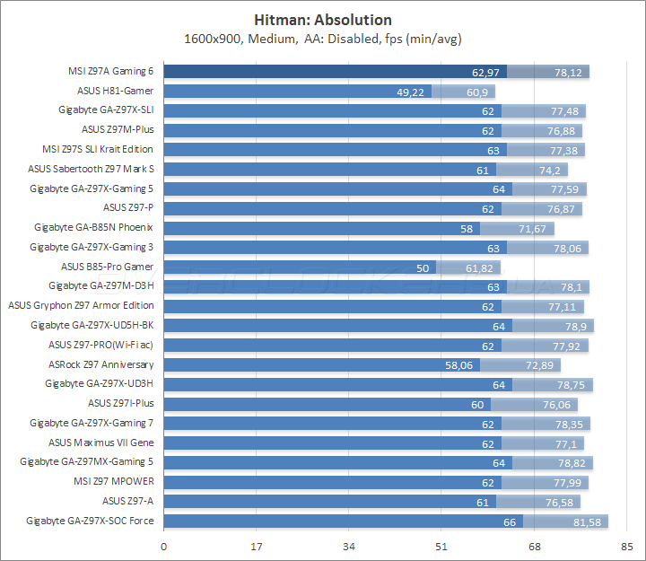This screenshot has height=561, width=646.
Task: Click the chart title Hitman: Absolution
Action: (x=323, y=19)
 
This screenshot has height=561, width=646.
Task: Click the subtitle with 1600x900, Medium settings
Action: (x=323, y=39)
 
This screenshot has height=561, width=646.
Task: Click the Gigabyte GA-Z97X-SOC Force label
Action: (x=90, y=521)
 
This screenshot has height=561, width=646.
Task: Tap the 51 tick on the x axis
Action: (x=441, y=546)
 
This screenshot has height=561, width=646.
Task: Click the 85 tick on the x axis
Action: (x=626, y=546)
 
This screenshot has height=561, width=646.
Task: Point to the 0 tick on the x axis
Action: (x=163, y=546)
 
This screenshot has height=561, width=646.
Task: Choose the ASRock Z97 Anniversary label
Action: (x=100, y=364)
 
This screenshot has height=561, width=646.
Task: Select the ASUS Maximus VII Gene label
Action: (x=100, y=443)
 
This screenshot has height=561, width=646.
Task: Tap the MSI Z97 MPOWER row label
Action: (x=114, y=482)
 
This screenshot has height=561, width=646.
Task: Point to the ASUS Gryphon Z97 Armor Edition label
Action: (x=81, y=306)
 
